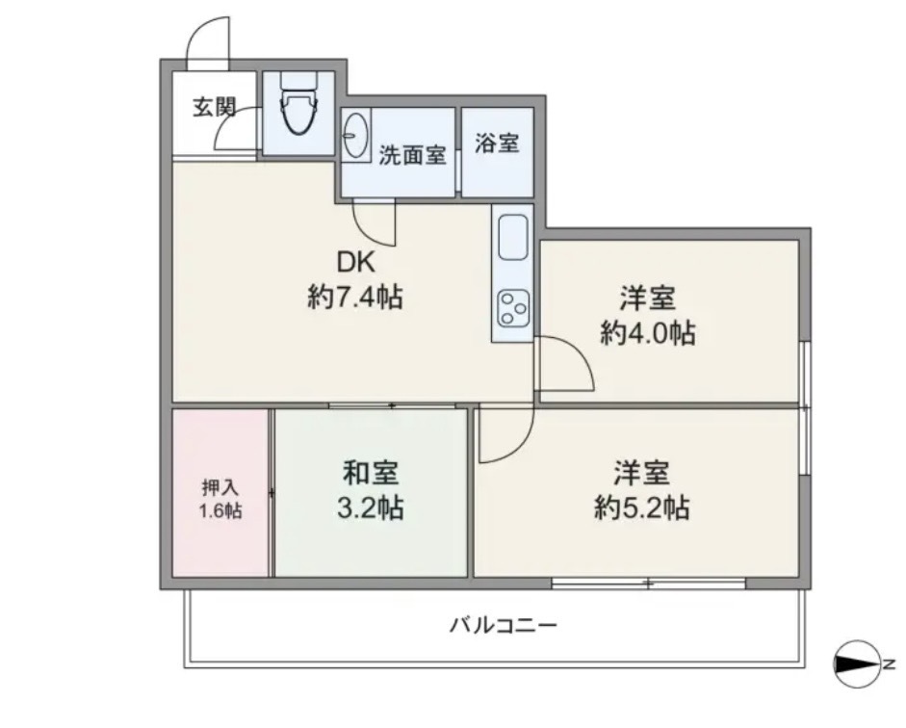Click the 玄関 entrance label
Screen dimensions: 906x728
pyautogui.click(x=214, y=107)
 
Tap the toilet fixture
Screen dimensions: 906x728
pyautogui.click(x=298, y=103)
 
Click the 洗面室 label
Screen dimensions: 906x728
pyautogui.click(x=412, y=155)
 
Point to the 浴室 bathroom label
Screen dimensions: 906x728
pyautogui.click(x=497, y=143)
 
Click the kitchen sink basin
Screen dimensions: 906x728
pyautogui.click(x=512, y=237)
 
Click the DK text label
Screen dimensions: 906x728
pyautogui.click(x=356, y=263)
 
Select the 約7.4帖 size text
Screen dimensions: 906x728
pyautogui.click(x=355, y=298)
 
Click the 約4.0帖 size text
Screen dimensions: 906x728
pyautogui.click(x=648, y=333)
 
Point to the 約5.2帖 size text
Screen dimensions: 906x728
pyautogui.click(x=642, y=507)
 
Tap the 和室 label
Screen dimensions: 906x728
pyautogui.click(x=371, y=473)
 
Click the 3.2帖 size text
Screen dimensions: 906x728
pyautogui.click(x=371, y=507)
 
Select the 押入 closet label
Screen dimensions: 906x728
pyautogui.click(x=220, y=488)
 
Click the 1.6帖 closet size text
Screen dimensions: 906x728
pyautogui.click(x=220, y=511)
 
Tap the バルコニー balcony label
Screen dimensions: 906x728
pyautogui.click(x=504, y=625)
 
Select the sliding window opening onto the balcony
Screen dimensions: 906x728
pyautogui.click(x=649, y=584)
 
